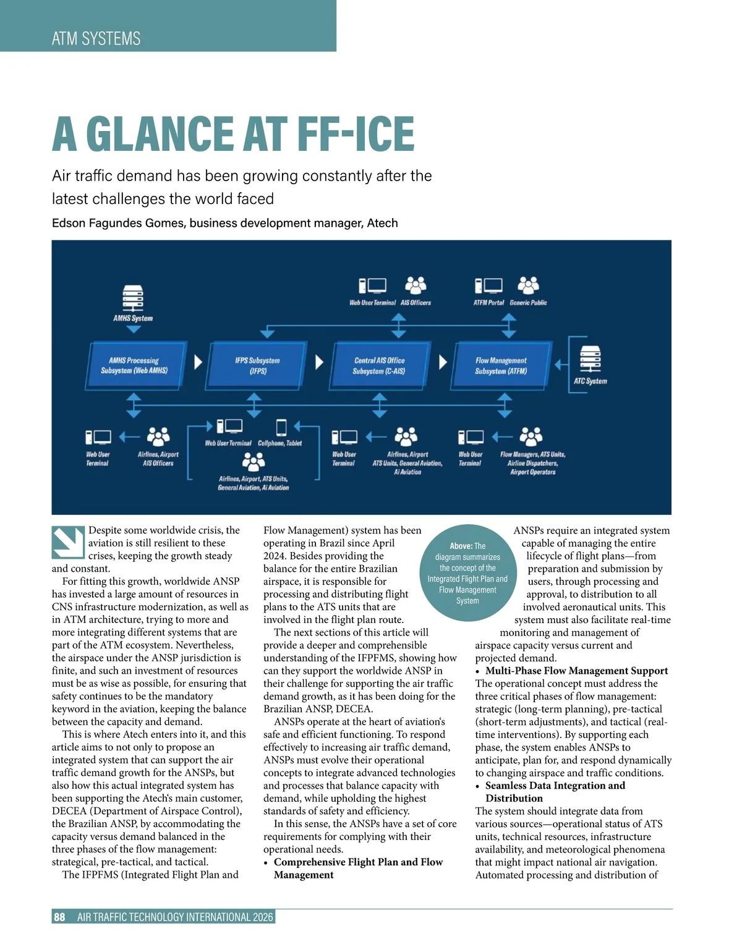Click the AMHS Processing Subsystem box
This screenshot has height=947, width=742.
(x=135, y=365)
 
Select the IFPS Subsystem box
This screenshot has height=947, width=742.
(x=258, y=365)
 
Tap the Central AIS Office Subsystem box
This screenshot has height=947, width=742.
(x=379, y=365)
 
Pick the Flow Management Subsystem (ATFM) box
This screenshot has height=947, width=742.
(x=501, y=365)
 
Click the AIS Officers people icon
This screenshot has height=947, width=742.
(x=416, y=285)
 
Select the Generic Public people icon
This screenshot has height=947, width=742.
(x=528, y=285)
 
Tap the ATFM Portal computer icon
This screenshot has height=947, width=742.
(x=488, y=285)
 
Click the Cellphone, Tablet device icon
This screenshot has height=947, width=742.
(x=281, y=427)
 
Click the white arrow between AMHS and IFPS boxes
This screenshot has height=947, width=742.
(x=198, y=362)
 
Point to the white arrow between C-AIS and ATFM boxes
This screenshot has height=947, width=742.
(x=443, y=362)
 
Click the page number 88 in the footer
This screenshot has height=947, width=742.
(x=59, y=917)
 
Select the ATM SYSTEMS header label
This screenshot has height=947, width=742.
(x=96, y=38)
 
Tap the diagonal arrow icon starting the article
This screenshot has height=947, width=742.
(x=68, y=541)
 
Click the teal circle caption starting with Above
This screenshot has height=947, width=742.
(x=467, y=572)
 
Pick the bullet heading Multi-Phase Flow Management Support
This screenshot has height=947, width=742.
(x=576, y=671)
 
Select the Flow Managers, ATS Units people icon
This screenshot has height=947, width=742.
(x=531, y=436)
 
